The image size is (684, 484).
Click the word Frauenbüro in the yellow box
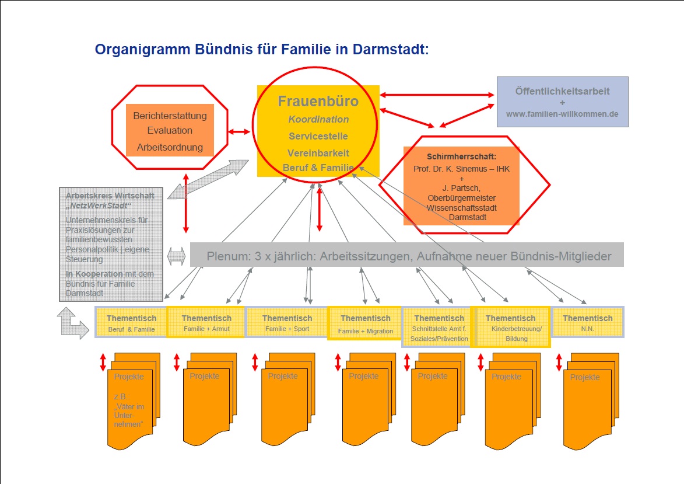tap(318, 102)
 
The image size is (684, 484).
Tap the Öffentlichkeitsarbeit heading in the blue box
tap(562, 92)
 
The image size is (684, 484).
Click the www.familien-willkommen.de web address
tap(562, 114)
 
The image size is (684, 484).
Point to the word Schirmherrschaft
tap(460, 156)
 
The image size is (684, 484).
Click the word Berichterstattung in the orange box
tap(170, 116)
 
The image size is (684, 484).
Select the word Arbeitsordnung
tap(170, 147)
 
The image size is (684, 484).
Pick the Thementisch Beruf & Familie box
tap(131, 323)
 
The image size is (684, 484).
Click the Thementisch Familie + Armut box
tap(206, 323)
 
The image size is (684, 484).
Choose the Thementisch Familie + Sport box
tap(287, 323)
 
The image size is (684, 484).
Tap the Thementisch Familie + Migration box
tap(366, 324)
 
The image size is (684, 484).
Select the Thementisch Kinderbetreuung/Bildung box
tap(510, 327)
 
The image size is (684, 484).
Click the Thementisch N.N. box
tap(587, 323)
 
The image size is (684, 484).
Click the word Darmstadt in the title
tap(390, 50)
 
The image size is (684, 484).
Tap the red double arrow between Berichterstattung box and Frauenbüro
tap(239, 133)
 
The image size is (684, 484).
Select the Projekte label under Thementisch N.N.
tap(585, 377)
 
